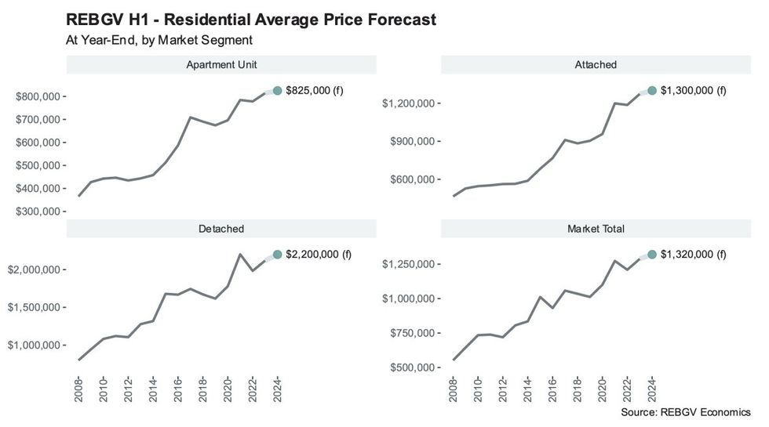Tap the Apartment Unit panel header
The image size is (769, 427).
(x=221, y=65)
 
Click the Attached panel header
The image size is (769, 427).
(x=596, y=65)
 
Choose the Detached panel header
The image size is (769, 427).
(x=221, y=229)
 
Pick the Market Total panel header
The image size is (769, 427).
(x=596, y=229)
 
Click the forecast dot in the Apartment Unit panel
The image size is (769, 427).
(x=277, y=91)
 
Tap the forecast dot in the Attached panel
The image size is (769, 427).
(x=651, y=91)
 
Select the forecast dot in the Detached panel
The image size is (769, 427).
(x=277, y=255)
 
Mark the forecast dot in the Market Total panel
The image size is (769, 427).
(x=651, y=255)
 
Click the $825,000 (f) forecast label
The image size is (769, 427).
(x=315, y=91)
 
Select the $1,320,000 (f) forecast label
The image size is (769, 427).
(x=694, y=255)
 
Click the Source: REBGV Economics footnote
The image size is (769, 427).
(x=685, y=412)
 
